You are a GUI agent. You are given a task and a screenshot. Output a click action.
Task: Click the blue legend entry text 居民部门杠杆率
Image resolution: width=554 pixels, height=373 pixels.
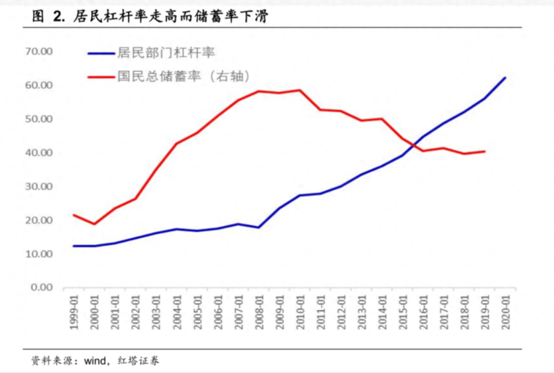[x=166, y=53]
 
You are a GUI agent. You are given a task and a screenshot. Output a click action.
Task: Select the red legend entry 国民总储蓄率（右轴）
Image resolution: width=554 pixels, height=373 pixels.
[x=183, y=76]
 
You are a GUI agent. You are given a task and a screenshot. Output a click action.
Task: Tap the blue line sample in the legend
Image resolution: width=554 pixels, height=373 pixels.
[x=101, y=53]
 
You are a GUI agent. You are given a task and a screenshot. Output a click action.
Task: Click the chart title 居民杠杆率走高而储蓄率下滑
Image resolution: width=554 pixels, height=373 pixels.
[x=172, y=17]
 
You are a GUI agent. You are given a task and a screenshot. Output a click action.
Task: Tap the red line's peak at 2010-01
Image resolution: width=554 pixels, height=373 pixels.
[x=300, y=90]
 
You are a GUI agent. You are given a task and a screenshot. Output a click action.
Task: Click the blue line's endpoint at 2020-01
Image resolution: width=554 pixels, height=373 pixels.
[x=505, y=78]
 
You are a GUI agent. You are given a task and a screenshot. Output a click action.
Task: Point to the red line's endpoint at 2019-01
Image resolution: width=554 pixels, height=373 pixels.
[x=484, y=151]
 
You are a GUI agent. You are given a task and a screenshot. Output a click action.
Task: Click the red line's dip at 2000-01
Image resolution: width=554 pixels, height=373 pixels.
[x=94, y=224]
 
